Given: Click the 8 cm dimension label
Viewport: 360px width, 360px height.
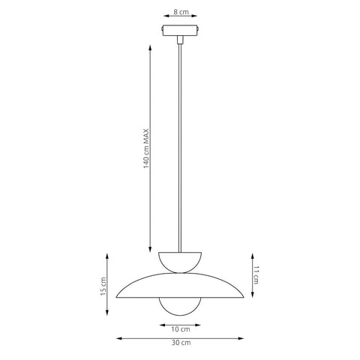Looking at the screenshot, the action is pyautogui.click(x=181, y=12).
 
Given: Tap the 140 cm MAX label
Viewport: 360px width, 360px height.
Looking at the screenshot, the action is pyautogui.click(x=146, y=148).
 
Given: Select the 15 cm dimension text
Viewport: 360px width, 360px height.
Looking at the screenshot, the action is pyautogui.click(x=103, y=286).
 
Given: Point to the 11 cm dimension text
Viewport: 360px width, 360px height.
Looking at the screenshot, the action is pyautogui.click(x=256, y=275).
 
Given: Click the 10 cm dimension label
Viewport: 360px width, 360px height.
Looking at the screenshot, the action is pyautogui.click(x=181, y=329).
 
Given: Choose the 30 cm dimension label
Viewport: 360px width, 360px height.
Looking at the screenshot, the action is pyautogui.click(x=181, y=343).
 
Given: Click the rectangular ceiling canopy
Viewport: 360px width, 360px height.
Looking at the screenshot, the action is pyautogui.click(x=180, y=30).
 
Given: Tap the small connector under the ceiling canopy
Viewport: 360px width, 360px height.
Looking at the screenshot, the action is pyautogui.click(x=180, y=40).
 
